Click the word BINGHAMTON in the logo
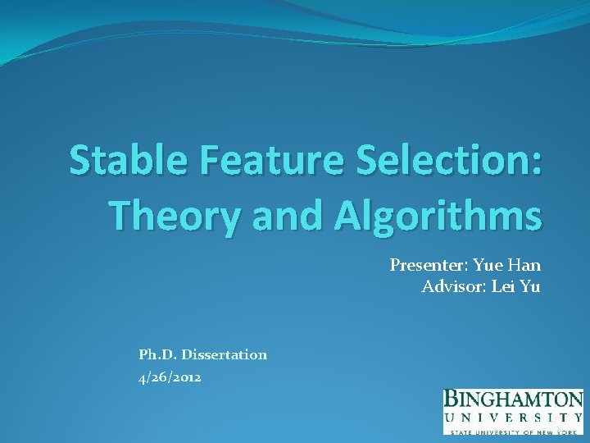tap(513, 400)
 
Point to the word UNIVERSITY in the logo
tap(513, 418)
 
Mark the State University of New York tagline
tap(513, 431)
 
